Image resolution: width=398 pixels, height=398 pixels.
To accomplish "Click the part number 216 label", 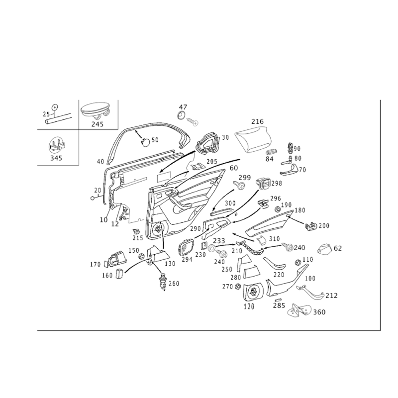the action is pyautogui.click(x=257, y=121).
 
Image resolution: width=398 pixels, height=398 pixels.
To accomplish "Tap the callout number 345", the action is pyautogui.click(x=56, y=158).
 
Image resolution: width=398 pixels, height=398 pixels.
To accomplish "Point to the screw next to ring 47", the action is pyautogui.click(x=192, y=121).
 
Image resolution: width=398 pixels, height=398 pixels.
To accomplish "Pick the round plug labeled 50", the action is pyautogui.click(x=145, y=142).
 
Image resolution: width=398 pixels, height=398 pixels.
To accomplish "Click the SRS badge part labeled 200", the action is pyautogui.click(x=310, y=226).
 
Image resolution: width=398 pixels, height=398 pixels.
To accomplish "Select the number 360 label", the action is pyautogui.click(x=319, y=312).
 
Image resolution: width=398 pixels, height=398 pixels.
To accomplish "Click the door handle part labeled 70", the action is pyautogui.click(x=290, y=170).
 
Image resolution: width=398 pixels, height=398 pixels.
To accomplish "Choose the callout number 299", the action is pyautogui.click(x=244, y=178).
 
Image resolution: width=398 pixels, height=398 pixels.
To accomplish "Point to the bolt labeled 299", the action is pyautogui.click(x=239, y=186).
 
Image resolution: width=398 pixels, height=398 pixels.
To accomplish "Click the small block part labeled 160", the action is pyautogui.click(x=119, y=274).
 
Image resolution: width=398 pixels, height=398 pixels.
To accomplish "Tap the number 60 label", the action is pyautogui.click(x=234, y=168).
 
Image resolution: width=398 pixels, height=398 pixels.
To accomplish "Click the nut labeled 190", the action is pyautogui.click(x=278, y=209).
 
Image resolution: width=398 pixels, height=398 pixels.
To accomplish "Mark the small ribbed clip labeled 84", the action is pyautogui.click(x=272, y=152).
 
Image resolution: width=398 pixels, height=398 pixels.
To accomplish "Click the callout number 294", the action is pyautogui.click(x=187, y=259).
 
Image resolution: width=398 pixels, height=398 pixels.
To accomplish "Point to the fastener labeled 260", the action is pyautogui.click(x=163, y=281).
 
